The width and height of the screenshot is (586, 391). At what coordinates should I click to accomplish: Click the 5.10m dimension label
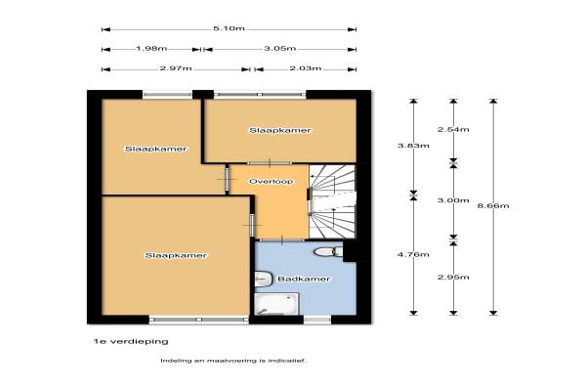pos(229,28)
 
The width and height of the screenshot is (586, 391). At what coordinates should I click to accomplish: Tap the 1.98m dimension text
pos(151,49)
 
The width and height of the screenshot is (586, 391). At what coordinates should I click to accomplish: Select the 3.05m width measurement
pos(280,48)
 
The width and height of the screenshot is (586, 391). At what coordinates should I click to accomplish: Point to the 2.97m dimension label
pos(176,68)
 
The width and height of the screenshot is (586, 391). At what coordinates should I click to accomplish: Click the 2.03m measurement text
pos(306,68)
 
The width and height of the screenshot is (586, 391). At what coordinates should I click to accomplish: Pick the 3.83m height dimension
pos(413,146)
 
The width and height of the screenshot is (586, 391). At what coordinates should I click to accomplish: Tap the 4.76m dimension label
pos(413,255)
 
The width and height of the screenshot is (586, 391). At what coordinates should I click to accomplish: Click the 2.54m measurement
pos(453,129)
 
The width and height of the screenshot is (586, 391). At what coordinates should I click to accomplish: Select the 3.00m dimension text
pos(453,200)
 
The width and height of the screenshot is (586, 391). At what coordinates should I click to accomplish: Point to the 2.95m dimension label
pos(453,278)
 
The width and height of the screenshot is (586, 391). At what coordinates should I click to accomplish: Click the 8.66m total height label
pos(493,206)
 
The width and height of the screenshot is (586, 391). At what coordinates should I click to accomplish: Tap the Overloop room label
pos(271,182)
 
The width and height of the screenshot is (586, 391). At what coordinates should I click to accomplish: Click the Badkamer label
pos(304,280)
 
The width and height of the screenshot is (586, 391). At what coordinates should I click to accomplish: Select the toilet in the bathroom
pos(328,252)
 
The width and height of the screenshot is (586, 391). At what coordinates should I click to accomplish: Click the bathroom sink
pos(263,280)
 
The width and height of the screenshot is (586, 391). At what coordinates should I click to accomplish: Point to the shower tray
pos(276,303)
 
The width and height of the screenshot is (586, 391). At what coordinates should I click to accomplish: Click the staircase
pos(332,201)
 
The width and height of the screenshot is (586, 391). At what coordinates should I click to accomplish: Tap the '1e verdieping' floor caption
pos(131,341)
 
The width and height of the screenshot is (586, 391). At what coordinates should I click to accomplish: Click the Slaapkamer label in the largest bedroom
pos(176,255)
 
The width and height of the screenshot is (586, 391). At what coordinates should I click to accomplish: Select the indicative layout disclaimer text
pos(233,361)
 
